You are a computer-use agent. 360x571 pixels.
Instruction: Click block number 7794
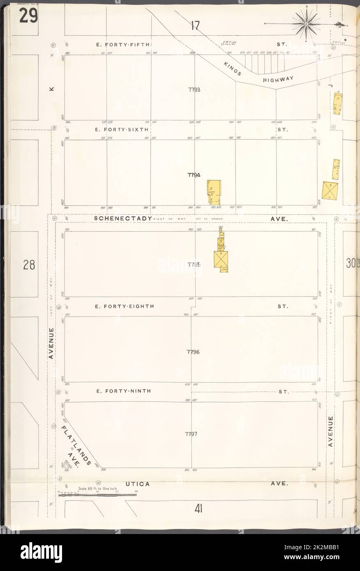click(194, 175)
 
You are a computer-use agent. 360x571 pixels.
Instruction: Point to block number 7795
click(194, 265)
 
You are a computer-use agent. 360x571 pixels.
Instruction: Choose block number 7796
click(193, 352)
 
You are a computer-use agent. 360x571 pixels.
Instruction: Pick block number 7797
click(192, 434)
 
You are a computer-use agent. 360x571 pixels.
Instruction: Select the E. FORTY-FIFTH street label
click(122, 44)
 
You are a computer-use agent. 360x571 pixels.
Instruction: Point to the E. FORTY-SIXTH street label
click(122, 129)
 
